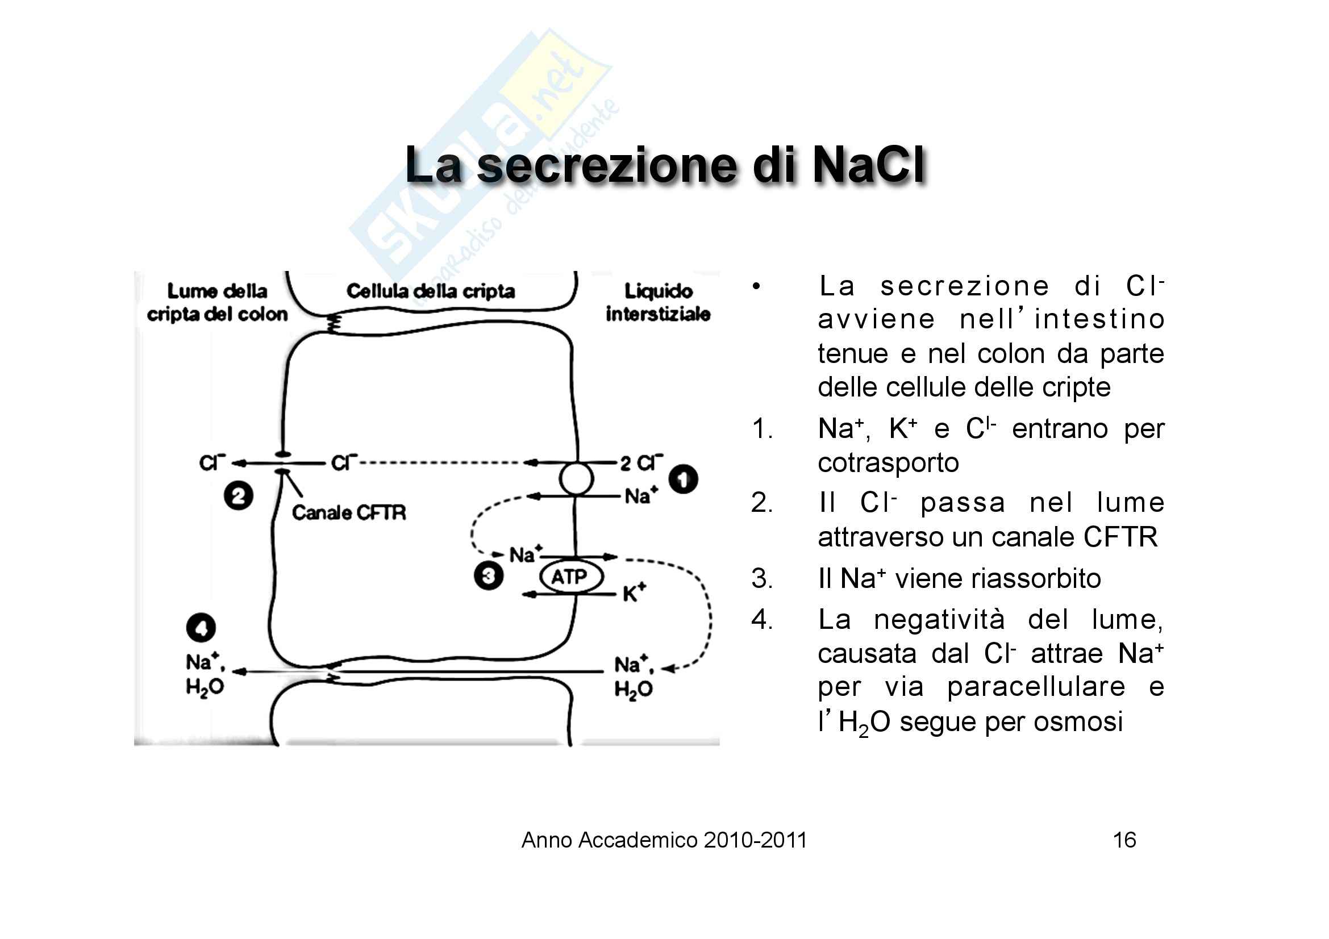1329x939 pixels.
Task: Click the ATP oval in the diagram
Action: [x=570, y=577]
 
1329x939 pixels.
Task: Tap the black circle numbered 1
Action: [x=683, y=479]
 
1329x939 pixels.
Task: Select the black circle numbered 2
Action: [x=239, y=496]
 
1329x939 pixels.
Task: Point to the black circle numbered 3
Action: [x=488, y=576]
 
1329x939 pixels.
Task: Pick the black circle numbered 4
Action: [x=201, y=628]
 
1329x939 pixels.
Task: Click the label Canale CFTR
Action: [x=348, y=512]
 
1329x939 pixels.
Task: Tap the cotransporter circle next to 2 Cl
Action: [x=576, y=479]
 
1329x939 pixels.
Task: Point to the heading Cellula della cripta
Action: [x=430, y=291]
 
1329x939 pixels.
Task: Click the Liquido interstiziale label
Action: [x=658, y=303]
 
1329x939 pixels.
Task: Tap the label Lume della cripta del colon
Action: [x=217, y=303]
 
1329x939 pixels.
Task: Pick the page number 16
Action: [x=1124, y=840]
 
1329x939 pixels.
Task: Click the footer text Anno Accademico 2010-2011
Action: [x=664, y=840]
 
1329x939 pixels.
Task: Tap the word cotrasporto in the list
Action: [x=888, y=463]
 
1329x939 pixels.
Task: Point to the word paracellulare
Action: [x=1036, y=687]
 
